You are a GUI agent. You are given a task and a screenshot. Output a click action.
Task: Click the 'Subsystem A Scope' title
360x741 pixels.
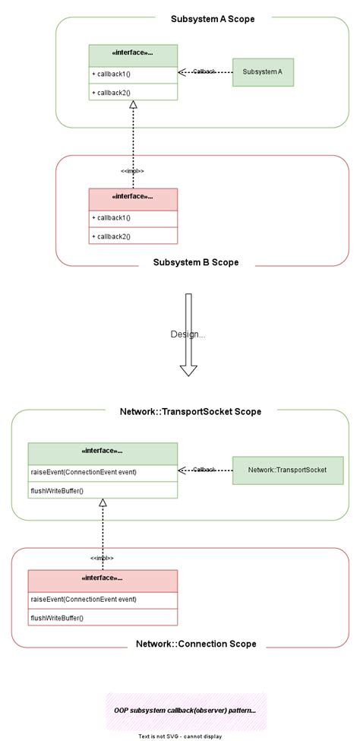(202, 19)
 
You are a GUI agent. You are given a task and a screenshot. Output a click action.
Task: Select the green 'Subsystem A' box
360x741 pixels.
(263, 72)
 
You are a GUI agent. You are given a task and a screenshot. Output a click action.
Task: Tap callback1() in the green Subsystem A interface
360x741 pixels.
(112, 74)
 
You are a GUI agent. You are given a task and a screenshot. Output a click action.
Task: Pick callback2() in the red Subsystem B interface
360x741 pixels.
(112, 236)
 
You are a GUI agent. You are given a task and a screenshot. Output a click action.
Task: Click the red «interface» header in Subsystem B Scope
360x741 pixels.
(133, 197)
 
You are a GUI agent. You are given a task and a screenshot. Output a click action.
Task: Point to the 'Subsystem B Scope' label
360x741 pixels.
(196, 262)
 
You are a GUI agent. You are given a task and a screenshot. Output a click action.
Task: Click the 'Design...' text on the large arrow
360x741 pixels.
(188, 334)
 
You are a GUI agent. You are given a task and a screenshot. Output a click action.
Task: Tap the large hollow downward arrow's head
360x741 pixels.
(188, 369)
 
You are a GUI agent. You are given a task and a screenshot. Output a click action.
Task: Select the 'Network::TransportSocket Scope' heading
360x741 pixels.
(191, 412)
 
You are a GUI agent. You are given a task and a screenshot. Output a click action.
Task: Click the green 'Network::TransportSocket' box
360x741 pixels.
(287, 470)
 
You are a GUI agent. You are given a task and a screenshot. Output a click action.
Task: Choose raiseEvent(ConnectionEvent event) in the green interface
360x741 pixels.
(84, 472)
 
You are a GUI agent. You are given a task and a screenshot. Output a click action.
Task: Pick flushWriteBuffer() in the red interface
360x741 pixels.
(57, 618)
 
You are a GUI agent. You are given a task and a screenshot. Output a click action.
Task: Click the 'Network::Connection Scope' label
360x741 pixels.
(196, 644)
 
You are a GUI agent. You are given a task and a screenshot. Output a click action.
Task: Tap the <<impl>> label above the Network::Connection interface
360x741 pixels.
(102, 559)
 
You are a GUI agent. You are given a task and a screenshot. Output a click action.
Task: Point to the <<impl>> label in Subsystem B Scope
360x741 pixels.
(132, 171)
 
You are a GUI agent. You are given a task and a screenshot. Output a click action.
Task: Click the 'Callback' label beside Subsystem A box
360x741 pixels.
(204, 71)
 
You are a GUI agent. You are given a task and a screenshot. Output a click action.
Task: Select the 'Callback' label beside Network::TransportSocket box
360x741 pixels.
(204, 470)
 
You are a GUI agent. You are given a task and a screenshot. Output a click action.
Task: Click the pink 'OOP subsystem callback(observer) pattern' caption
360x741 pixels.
(185, 711)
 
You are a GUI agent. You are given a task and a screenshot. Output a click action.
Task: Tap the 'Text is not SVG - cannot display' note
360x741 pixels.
(180, 736)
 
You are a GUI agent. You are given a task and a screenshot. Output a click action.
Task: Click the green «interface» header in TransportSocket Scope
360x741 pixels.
(103, 451)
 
